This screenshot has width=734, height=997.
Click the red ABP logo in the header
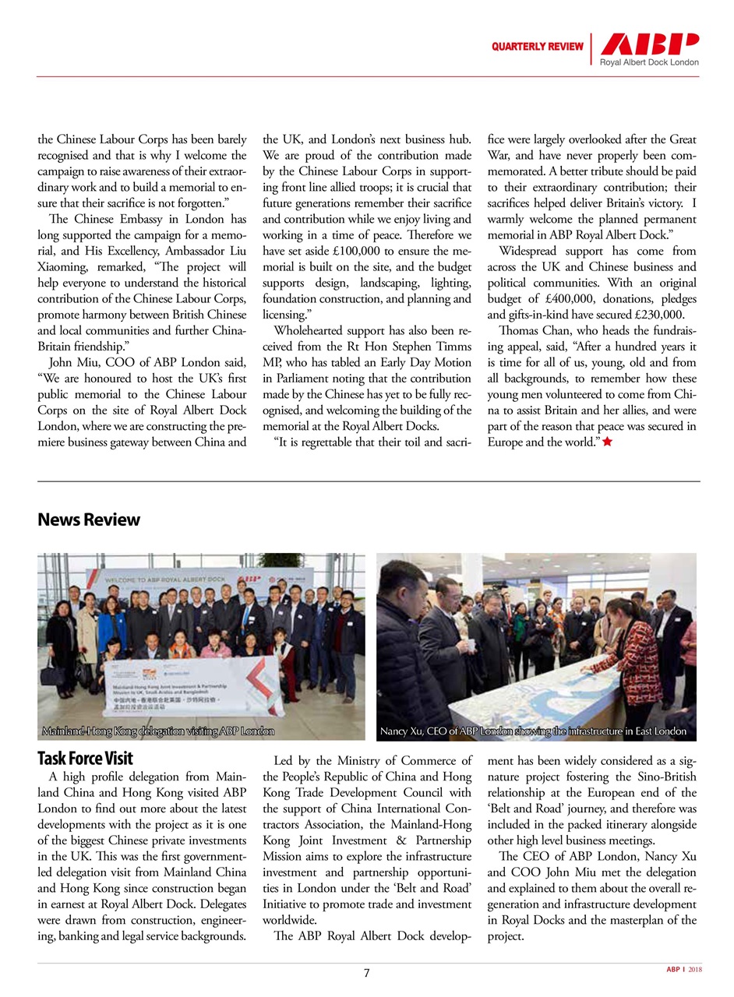[648, 44]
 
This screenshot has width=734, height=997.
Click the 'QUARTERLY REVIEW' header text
[537, 47]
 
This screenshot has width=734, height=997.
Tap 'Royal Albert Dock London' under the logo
[648, 62]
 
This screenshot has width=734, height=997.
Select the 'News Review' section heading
[89, 520]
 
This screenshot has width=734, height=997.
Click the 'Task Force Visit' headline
[85, 758]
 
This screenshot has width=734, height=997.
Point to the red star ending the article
[607, 442]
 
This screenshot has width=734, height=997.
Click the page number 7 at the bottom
[366, 973]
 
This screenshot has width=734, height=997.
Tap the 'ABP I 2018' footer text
[683, 970]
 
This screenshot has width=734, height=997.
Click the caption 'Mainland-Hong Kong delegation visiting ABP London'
[157, 731]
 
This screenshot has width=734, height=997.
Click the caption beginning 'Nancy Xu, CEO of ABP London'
[533, 731]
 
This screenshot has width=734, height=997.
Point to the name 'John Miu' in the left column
[74, 361]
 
